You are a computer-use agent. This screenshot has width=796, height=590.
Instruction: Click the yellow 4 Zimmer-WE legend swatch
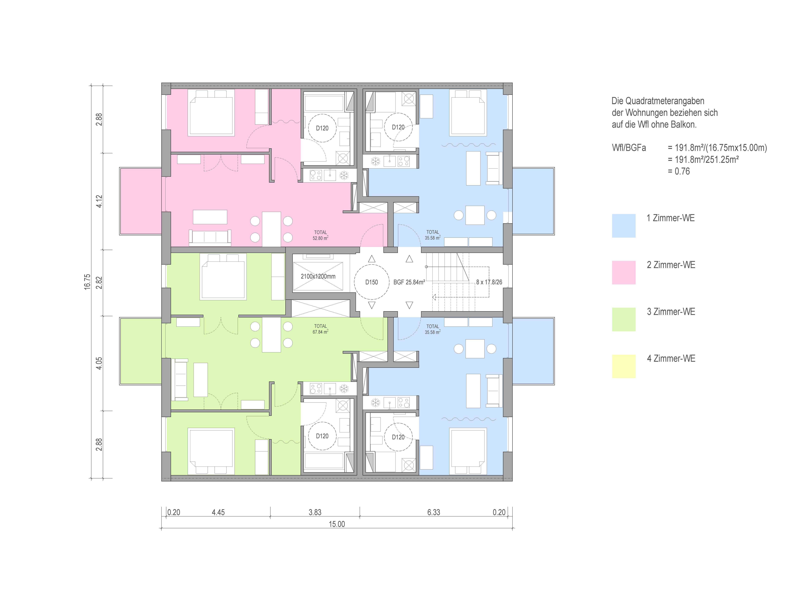(624, 366)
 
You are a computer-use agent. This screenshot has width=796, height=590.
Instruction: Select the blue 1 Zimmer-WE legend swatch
(624, 226)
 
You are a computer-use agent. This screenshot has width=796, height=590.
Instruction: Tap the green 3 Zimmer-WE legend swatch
(624, 319)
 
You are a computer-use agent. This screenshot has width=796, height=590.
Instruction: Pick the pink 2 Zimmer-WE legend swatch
(624, 273)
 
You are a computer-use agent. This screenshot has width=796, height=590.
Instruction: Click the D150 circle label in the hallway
(371, 282)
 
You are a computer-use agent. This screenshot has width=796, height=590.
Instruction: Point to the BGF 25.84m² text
(409, 282)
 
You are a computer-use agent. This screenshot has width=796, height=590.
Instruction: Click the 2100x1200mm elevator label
(318, 276)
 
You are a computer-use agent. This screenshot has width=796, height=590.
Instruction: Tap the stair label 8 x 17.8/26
(489, 282)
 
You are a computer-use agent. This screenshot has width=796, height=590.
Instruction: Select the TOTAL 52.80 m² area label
(320, 235)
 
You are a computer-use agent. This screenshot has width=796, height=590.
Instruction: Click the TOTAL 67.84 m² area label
(320, 329)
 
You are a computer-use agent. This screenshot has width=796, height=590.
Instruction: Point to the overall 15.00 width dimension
(337, 524)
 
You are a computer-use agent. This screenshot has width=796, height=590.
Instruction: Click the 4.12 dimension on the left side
(99, 201)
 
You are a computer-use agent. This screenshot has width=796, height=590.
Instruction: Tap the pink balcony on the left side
(141, 201)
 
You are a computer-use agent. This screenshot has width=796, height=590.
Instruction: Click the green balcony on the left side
(141, 351)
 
